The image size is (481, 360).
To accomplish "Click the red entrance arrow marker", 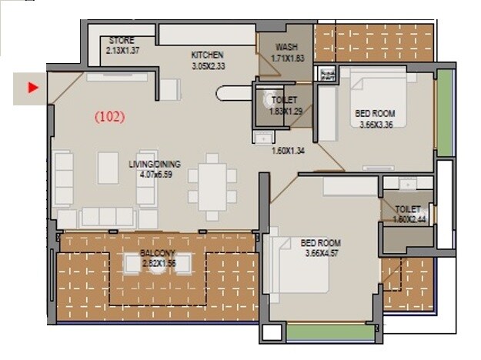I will [32, 88].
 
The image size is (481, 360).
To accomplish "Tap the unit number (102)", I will [109, 118].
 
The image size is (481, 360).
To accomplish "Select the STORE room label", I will [122, 40].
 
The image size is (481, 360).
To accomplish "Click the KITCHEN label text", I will [208, 55].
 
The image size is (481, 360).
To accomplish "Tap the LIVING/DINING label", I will [156, 164].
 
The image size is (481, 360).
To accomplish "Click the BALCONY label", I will [159, 253].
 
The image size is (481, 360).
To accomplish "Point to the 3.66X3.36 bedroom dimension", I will [377, 125].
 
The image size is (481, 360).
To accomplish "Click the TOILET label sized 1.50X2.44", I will [408, 209].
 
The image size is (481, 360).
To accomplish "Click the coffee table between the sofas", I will [108, 167].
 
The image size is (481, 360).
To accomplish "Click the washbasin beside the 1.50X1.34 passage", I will [262, 138].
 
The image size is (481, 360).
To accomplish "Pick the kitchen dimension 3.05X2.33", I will [208, 67].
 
